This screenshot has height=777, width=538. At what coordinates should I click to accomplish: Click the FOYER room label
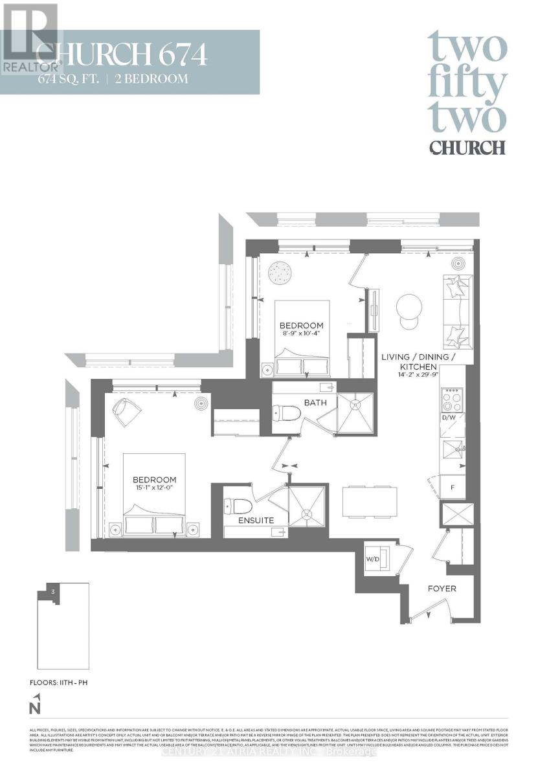tap(442, 589)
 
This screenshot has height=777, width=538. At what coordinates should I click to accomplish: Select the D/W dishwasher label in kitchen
tap(449, 418)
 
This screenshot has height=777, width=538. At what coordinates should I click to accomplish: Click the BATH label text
tap(315, 403)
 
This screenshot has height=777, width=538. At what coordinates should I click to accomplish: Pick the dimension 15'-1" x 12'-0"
tap(154, 488)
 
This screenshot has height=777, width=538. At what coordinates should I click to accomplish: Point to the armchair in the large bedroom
tap(128, 411)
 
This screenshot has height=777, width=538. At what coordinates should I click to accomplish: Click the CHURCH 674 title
tap(122, 54)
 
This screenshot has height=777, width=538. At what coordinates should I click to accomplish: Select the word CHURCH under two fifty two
tap(467, 147)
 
